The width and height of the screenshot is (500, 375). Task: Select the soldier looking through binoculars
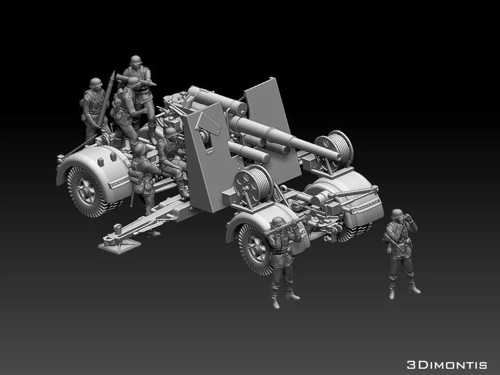[400, 252]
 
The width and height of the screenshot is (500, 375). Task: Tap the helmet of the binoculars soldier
[396, 214]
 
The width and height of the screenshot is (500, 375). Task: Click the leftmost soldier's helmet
[96, 83]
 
